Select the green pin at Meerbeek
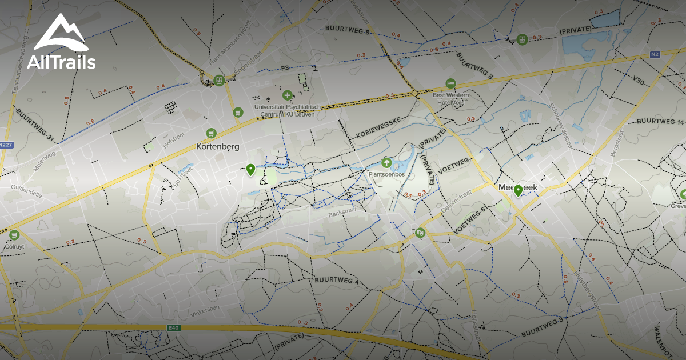518,191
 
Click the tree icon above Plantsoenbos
386,163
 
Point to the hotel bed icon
450,83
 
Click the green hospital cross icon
287,95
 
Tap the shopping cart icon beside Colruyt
14,234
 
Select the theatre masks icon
421,233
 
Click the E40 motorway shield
173,327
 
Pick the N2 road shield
655,55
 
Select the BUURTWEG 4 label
336,281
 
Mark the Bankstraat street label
342,215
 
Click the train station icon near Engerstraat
218,81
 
